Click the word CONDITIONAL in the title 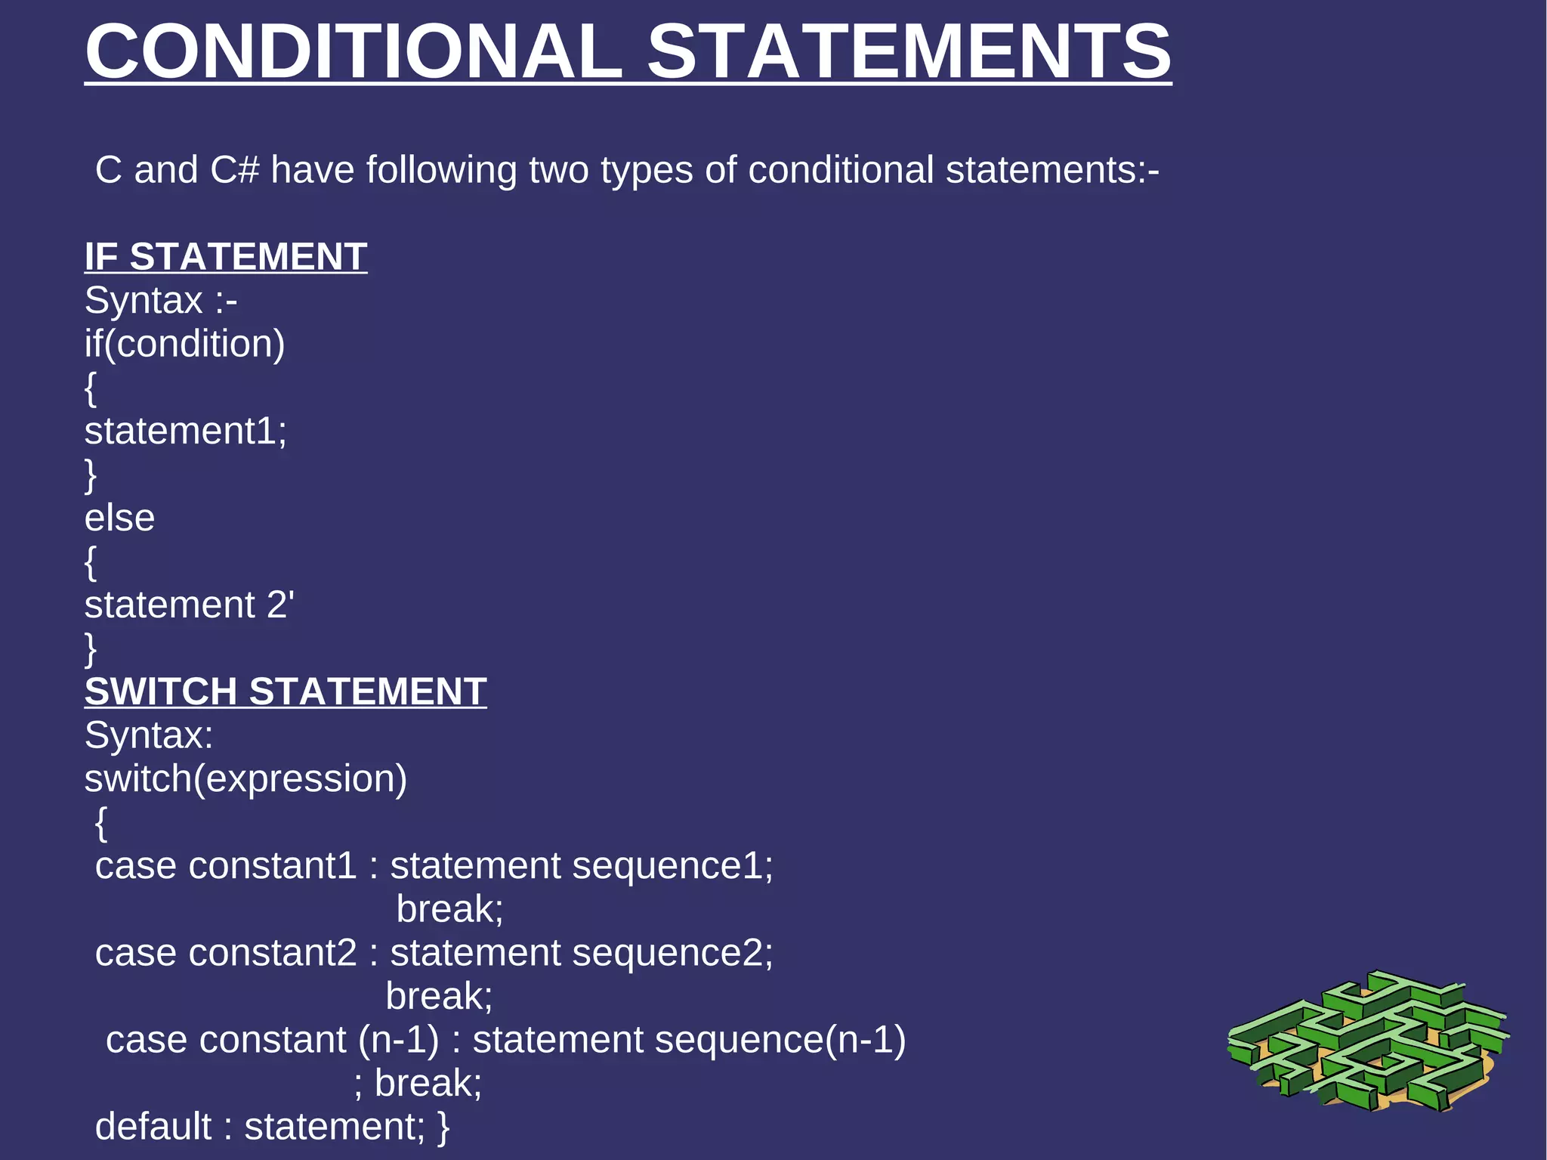point(354,51)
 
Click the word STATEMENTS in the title point(909,51)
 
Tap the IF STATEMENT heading point(226,257)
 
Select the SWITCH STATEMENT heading point(286,691)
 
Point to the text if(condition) point(185,344)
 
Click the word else point(119,518)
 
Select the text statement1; point(186,432)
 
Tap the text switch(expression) point(245,779)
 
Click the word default point(153,1127)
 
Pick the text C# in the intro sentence point(235,170)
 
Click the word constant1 point(273,866)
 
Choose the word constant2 point(273,953)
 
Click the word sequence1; point(672,866)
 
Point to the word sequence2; point(672,953)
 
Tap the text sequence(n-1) point(780,1041)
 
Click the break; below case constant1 point(449,909)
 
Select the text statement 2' point(189,605)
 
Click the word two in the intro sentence point(558,170)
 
